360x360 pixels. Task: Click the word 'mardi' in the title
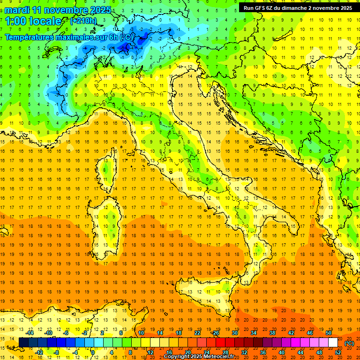17,9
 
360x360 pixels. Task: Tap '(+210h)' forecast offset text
83,21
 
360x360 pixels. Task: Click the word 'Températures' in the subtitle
29,37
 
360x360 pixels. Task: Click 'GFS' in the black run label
261,8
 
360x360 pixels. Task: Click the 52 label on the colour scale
338,352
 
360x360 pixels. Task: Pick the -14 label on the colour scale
30,333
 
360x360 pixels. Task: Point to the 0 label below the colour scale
93,352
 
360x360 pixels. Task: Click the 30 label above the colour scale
235,333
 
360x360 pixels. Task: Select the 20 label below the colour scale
187,352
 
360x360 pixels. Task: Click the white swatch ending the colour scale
333,343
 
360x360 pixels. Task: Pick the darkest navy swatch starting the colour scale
23,343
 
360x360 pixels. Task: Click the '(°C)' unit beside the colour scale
349,343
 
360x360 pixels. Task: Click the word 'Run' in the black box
248,8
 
